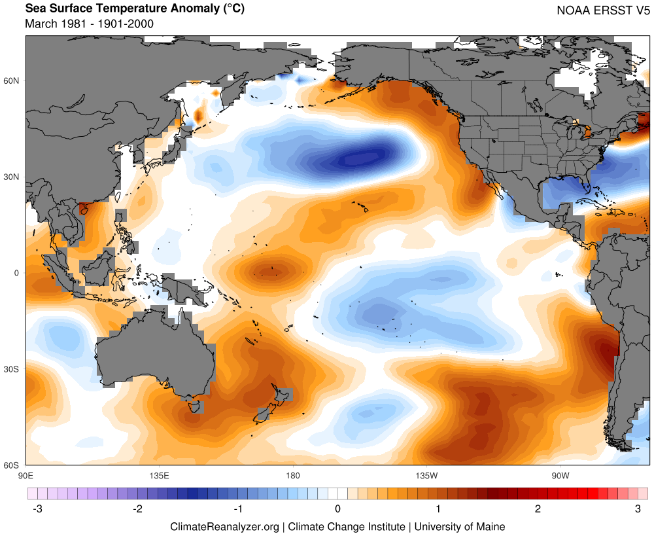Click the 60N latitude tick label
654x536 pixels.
12,80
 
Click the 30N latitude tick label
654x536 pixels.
12,177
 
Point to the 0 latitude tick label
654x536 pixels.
17,273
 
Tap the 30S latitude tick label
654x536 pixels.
12,369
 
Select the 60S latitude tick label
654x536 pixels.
12,465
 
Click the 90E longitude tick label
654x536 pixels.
26,474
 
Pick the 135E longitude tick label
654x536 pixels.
160,474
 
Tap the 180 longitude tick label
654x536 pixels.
293,474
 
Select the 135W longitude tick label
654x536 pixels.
426,474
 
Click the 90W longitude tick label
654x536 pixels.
560,474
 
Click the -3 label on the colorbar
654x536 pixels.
38,509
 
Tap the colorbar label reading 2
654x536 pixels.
538,509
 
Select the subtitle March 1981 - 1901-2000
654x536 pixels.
89,24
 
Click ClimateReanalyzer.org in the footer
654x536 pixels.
224,526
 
